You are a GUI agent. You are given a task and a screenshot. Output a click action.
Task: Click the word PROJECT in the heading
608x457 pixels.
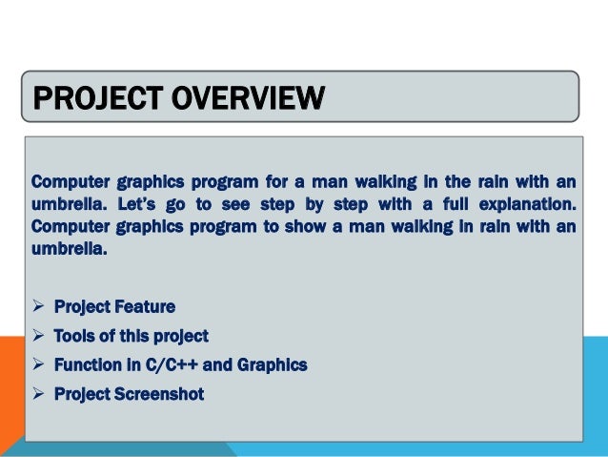(x=91, y=98)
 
